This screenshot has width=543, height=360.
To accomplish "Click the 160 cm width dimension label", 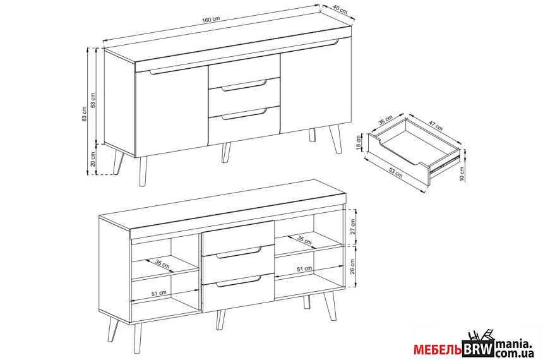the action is coord(210,20).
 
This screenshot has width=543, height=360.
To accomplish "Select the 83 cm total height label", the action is coord(84,114).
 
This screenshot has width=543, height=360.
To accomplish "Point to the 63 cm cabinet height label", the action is coord(92,100).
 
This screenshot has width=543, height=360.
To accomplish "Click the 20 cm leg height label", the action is coord(92,159).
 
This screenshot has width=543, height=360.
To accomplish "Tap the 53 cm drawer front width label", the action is coord(395,172).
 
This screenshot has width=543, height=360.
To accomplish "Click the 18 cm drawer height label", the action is coord(358,141).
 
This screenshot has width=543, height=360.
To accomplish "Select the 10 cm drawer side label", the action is coord(462,174).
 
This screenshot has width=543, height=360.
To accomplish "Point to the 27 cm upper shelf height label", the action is coord(352,227).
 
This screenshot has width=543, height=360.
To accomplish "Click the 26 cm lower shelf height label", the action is coord(352,267).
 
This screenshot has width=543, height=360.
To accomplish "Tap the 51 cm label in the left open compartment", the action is coord(159,294).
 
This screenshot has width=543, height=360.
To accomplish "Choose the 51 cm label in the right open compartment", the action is coord(304,268).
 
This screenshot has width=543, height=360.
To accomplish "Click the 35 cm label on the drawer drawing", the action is coord(385,120).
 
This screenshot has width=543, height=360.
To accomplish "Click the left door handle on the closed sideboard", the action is coord(171,70).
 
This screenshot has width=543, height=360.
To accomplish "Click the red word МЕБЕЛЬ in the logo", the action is coord(438,350).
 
